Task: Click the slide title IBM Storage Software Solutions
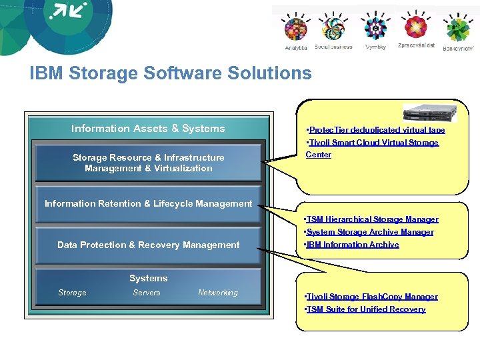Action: [170, 73]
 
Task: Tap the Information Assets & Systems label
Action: [148, 129]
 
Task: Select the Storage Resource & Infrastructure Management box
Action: [148, 163]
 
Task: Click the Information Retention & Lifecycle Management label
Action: [148, 203]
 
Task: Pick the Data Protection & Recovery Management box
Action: [148, 245]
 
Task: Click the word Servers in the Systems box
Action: [147, 293]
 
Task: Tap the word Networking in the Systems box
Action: [218, 293]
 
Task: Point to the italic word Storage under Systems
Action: [72, 293]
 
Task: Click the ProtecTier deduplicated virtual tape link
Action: [375, 130]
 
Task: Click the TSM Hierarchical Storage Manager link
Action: [371, 219]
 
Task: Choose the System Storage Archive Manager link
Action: [369, 232]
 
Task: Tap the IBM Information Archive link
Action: [351, 245]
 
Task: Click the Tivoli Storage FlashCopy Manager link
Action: [371, 297]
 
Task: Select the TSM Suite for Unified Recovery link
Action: [365, 309]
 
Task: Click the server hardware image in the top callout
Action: [425, 113]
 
